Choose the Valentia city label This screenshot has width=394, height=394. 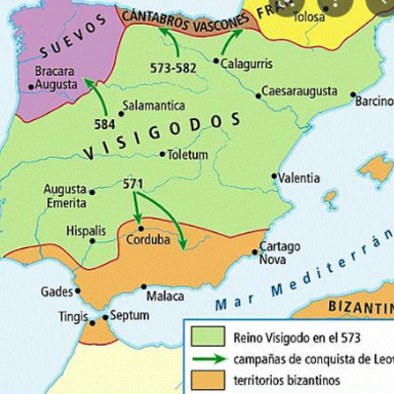pyautogui.click(x=299, y=178)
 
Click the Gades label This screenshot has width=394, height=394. pyautogui.click(x=56, y=292)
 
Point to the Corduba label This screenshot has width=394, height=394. pyautogui.click(x=150, y=239)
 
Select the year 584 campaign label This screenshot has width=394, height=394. pyautogui.click(x=104, y=126)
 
